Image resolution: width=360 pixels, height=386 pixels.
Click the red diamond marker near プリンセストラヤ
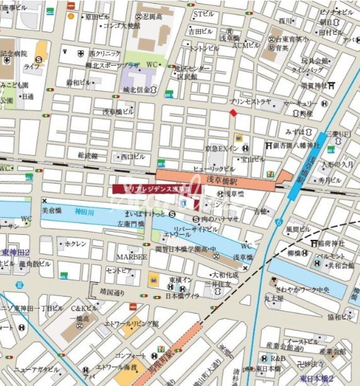(233, 113)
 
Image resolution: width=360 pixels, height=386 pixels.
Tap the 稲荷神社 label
(331, 243)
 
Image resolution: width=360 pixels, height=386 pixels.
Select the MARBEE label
(132, 258)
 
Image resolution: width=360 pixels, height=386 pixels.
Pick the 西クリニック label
(104, 54)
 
